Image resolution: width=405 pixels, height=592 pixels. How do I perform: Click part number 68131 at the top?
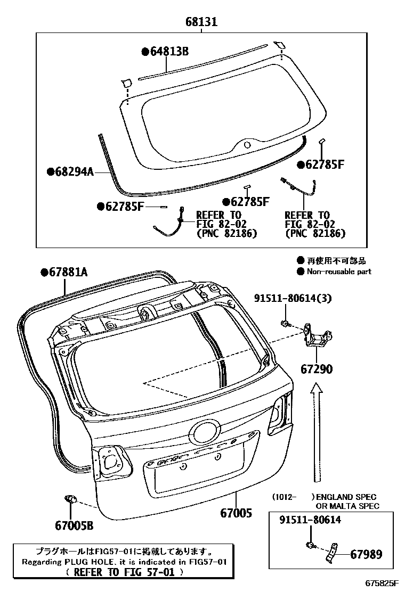[x=201, y=22]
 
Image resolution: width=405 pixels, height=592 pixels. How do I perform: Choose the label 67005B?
[x=74, y=526]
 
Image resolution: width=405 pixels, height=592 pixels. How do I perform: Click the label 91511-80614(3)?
[x=299, y=299]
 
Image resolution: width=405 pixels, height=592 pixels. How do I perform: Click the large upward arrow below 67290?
[x=317, y=431]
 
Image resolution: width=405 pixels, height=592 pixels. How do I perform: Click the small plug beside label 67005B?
[x=70, y=499]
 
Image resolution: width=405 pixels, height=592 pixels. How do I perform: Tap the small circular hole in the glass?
[x=247, y=144]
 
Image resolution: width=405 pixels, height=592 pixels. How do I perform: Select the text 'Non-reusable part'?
[x=339, y=272]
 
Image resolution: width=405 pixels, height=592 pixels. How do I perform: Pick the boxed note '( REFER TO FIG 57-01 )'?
[x=124, y=572]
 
